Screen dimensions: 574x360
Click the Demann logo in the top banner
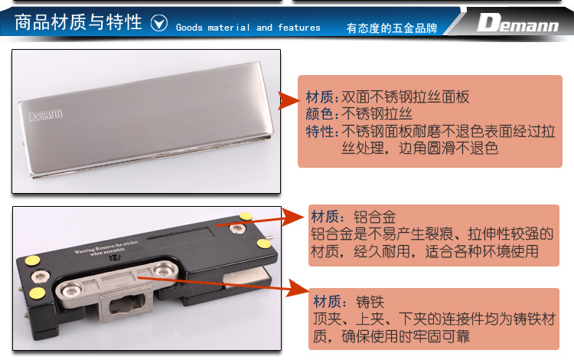pyautogui.click(x=518, y=23)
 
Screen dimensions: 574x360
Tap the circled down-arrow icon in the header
pyautogui.click(x=159, y=23)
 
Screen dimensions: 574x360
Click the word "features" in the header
pyautogui.click(x=298, y=28)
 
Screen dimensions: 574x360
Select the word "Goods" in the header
pyautogui.click(x=189, y=28)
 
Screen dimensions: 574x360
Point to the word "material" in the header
pyautogui.click(x=229, y=28)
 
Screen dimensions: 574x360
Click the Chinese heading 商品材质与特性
pyautogui.click(x=78, y=22)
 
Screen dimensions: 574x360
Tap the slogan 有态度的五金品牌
pyautogui.click(x=392, y=28)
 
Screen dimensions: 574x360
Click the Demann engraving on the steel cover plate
pyautogui.click(x=45, y=115)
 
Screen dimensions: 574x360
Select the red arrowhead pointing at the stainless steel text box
pyautogui.click(x=289, y=100)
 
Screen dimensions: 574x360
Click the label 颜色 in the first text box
pyautogui.click(x=319, y=114)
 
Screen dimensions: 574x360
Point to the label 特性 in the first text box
pyautogui.click(x=319, y=131)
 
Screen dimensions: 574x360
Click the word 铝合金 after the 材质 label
pyautogui.click(x=374, y=217)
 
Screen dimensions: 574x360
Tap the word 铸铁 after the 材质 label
pyautogui.click(x=370, y=302)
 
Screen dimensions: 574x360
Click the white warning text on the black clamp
pyautogui.click(x=106, y=247)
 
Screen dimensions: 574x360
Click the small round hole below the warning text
pyautogui.click(x=114, y=258)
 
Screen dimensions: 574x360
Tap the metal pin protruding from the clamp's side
pyautogui.click(x=270, y=237)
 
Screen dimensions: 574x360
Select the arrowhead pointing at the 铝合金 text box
pyautogui.click(x=293, y=218)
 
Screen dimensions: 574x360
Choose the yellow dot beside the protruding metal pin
pyautogui.click(x=263, y=243)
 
